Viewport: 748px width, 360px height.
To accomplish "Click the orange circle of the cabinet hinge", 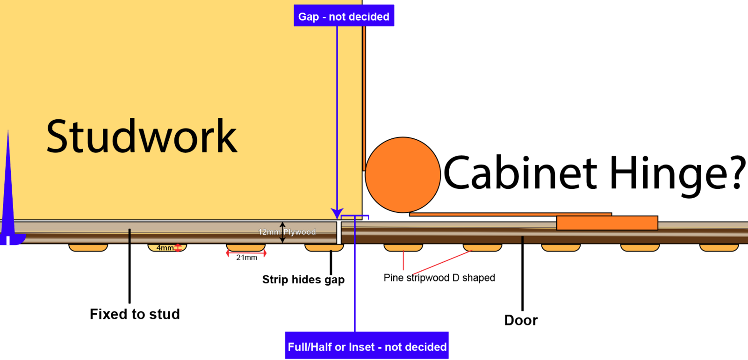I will pos(403,175).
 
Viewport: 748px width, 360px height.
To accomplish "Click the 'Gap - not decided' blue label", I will pos(344,16).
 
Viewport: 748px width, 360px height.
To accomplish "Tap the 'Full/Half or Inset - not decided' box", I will pos(367,346).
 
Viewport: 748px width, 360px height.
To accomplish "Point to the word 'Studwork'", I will pos(142,137).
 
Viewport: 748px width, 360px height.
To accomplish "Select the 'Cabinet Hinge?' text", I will pos(594,173).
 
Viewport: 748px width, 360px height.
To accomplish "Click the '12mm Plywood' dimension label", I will pos(287,232).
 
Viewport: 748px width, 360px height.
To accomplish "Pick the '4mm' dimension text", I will pos(165,248).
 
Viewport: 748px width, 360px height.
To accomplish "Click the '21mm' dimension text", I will pos(246,258).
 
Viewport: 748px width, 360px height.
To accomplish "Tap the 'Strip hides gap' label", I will pos(303,280).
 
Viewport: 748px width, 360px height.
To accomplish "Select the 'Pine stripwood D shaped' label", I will pos(439,278).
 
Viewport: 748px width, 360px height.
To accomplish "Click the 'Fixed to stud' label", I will pos(135,314).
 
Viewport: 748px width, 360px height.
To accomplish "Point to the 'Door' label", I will pos(521,320).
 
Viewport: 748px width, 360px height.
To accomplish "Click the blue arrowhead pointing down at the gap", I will pos(337,213).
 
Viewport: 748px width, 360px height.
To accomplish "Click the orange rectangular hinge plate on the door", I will pos(607,223).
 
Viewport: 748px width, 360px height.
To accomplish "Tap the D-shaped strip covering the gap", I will pos(324,247).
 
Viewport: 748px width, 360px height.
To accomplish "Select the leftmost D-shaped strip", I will pos(88,247).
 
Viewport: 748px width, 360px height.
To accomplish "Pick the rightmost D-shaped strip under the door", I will pos(719,247).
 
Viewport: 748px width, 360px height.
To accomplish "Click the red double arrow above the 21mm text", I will pos(246,253).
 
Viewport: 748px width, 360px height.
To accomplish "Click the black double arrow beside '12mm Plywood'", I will pos(282,232).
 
